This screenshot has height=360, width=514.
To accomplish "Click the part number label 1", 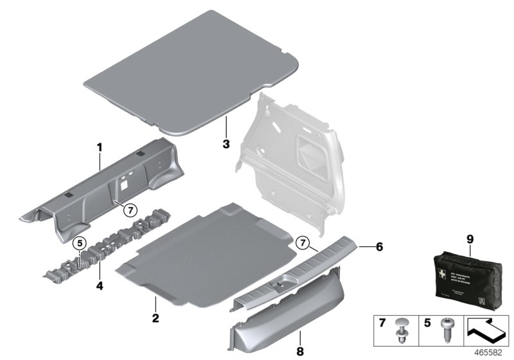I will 100,147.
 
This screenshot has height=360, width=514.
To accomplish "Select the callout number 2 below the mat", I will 155,318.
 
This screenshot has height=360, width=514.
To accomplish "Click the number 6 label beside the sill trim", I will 378,246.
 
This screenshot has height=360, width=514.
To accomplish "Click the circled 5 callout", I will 79,244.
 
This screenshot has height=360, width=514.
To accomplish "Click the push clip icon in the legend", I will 403,328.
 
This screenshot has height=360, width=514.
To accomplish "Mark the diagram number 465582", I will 493,353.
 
